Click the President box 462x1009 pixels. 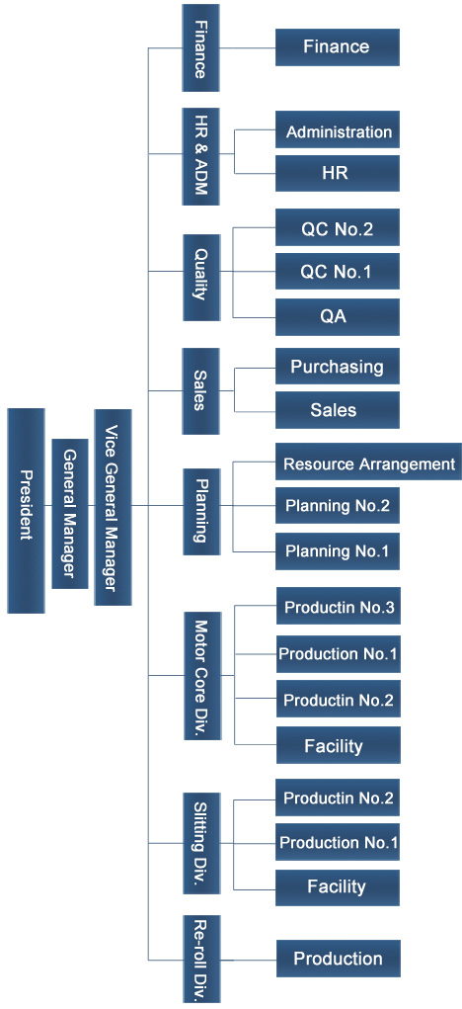27,510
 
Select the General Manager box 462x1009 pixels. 70,514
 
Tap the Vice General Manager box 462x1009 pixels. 114,507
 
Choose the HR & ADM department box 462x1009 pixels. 200,156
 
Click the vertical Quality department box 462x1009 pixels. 201,278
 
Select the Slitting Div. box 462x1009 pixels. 201,844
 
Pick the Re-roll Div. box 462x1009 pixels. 201,959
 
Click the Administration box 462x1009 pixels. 338,131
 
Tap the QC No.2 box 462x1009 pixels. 338,227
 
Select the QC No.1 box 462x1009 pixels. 338,272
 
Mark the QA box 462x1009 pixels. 338,316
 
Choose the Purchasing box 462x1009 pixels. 338,367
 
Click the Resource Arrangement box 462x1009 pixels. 369,462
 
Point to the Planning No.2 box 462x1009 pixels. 338,506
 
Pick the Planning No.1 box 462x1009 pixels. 338,550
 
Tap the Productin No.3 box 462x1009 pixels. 339,606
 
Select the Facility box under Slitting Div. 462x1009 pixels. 338,887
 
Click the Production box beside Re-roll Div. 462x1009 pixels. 339,959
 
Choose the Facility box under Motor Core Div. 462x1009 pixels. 339,745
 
